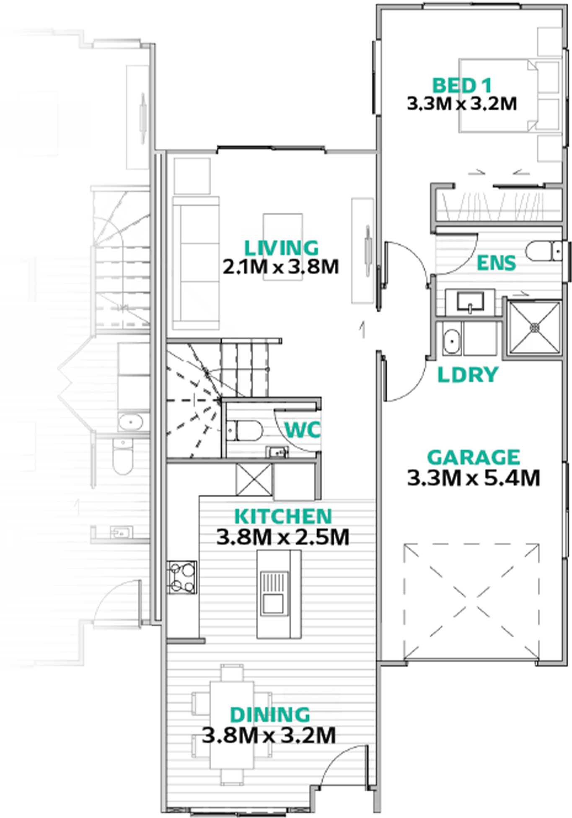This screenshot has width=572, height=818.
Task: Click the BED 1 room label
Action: tap(461, 86)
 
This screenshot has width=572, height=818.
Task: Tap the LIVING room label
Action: tap(281, 248)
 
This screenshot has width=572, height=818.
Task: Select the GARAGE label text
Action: tap(474, 457)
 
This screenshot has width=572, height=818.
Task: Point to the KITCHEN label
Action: tap(283, 516)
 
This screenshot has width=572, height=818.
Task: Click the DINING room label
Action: tap(270, 715)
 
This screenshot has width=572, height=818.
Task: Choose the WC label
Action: tap(302, 430)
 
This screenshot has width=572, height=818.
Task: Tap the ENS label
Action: tap(496, 263)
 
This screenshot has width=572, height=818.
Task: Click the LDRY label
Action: tap(468, 374)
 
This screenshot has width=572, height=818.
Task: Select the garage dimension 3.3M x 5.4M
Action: tap(474, 478)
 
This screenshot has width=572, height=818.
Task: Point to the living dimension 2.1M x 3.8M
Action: tap(281, 267)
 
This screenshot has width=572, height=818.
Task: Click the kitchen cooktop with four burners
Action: tap(182, 577)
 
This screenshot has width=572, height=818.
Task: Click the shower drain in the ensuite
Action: tap(535, 327)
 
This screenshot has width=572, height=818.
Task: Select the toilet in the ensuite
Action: tap(544, 251)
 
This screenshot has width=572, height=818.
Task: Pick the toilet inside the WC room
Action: tap(244, 430)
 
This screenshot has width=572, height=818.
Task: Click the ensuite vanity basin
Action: tap(470, 301)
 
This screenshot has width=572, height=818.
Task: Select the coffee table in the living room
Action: tap(283, 247)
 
